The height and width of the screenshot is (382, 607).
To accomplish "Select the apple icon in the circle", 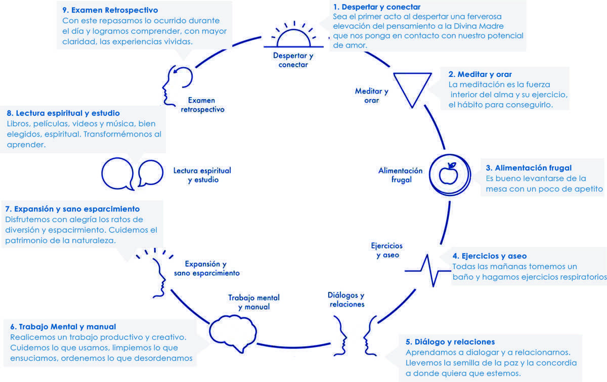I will pos(448,174).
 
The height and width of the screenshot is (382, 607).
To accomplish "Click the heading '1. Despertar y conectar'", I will pos(377,7).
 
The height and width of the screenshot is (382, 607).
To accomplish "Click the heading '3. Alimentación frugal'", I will pos(529,168).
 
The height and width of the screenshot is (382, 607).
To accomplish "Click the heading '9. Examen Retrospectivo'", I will pos(110,10).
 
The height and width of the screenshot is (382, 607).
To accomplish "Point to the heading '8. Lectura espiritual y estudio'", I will pos(63,113).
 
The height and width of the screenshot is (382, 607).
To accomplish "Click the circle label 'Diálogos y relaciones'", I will pos(346,300).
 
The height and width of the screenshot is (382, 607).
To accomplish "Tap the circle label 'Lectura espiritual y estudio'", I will pos(202,175).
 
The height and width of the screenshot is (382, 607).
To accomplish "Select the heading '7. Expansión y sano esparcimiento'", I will pos(72,208).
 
